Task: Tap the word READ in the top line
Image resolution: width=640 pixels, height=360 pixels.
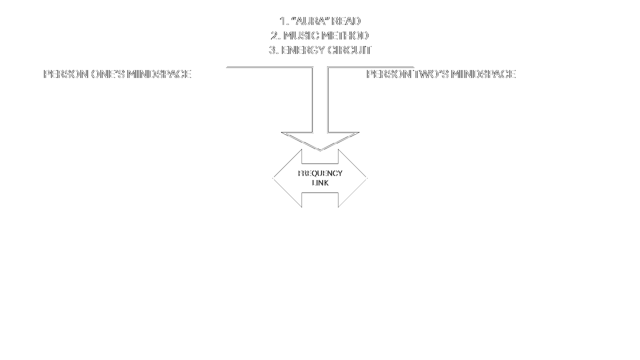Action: click(346, 21)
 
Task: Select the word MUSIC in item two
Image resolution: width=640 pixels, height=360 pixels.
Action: click(301, 35)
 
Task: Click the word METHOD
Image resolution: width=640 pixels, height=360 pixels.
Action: click(345, 35)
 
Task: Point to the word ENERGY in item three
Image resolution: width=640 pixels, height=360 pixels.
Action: click(303, 50)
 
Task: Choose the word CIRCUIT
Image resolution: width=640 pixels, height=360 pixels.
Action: click(349, 50)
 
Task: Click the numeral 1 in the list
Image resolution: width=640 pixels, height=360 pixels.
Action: click(283, 21)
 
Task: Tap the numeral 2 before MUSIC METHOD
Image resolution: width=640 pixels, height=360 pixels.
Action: click(275, 35)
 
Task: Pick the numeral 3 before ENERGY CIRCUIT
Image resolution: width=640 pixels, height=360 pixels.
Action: click(273, 50)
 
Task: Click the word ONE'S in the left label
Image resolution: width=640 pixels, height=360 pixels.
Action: click(108, 74)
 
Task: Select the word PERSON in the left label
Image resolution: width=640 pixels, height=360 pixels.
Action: click(66, 74)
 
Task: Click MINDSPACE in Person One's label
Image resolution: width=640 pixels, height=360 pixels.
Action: click(159, 74)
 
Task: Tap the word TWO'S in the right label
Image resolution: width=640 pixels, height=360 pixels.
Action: click(431, 74)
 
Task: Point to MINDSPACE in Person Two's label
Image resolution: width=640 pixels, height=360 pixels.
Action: click(483, 74)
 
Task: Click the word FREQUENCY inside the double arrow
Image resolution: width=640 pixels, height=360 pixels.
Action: click(320, 173)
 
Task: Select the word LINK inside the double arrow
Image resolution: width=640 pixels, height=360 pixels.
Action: click(320, 183)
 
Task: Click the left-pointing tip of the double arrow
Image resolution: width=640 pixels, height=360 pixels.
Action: click(273, 178)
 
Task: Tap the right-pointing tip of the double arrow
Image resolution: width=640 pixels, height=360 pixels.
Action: click(367, 178)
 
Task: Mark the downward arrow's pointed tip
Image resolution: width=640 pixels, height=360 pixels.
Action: click(320, 150)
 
